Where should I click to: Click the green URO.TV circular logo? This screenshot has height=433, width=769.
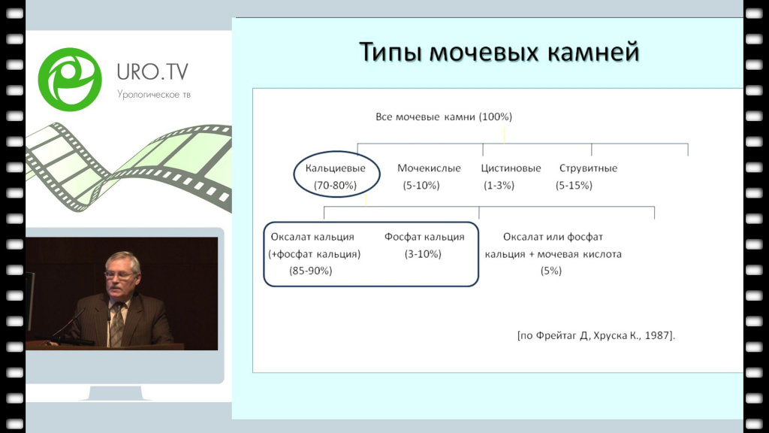[x=70, y=80]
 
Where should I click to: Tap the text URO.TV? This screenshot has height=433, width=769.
[x=152, y=72]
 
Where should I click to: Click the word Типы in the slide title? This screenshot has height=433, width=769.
[x=391, y=52]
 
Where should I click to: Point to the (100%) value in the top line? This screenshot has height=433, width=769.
[x=496, y=117]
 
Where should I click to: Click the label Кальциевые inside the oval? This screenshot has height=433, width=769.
[x=336, y=168]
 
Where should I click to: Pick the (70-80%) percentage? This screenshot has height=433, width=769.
[x=335, y=185]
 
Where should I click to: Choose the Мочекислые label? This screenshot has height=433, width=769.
[x=429, y=168]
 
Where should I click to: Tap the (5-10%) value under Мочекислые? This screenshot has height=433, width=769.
[x=421, y=185]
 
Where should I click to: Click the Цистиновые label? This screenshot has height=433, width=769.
[x=511, y=168]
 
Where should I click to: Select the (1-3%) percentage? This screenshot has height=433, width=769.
[x=499, y=185]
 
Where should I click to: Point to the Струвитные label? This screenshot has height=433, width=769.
[x=589, y=168]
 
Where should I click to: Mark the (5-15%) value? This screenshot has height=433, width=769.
[x=574, y=185]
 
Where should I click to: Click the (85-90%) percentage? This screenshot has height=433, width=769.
[x=310, y=271]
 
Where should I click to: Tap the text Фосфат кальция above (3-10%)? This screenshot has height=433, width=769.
[x=424, y=237]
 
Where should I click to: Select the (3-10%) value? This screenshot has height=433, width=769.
[x=423, y=254]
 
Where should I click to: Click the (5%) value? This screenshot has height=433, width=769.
[x=550, y=271]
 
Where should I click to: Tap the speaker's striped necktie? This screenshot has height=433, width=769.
[x=117, y=324]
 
